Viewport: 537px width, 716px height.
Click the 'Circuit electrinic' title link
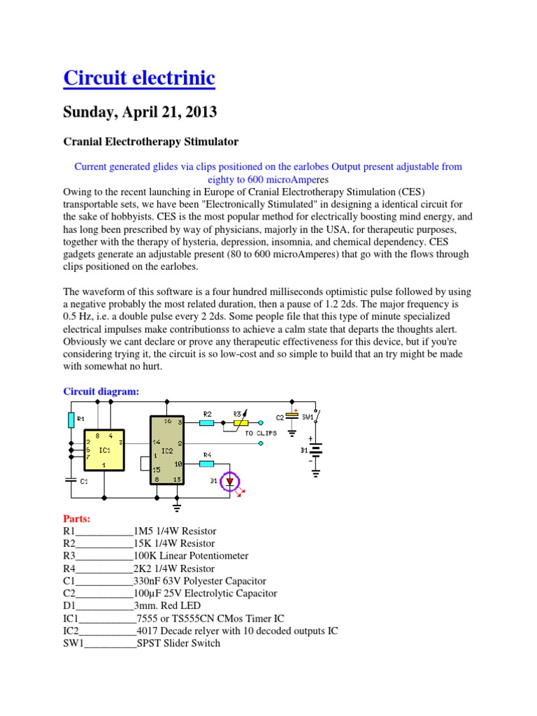pos(139,78)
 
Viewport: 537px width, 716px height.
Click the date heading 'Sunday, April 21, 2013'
pos(140,112)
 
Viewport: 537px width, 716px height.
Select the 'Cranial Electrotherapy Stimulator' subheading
pos(151,142)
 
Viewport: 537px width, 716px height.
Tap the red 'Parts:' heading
pos(77,519)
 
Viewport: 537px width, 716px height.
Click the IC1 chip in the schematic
pos(104,450)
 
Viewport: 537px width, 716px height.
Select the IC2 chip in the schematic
pos(168,450)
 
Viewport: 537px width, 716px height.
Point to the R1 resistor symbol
pos(71,420)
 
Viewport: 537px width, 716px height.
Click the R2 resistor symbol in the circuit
pos(206,422)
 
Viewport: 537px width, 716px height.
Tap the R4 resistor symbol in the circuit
pos(206,463)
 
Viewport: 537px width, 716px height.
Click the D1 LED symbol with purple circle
pos(230,481)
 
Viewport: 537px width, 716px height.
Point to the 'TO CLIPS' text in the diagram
pos(261,434)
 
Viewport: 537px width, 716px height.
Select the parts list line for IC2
pos(201,631)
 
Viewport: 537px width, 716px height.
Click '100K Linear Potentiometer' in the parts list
pos(190,556)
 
